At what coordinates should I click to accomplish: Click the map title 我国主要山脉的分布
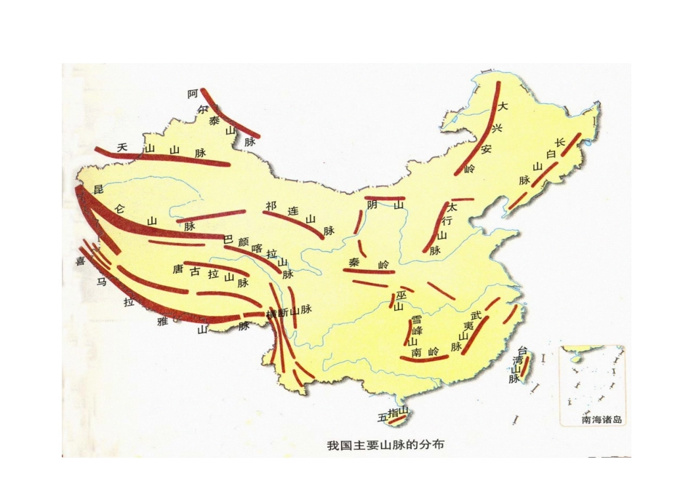386,443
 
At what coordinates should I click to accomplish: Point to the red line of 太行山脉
436,226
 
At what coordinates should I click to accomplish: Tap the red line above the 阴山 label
385,198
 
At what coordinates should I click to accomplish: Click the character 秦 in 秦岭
354,262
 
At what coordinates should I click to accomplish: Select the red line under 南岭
426,359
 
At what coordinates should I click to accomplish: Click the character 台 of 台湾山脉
521,351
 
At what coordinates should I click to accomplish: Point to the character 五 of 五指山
383,418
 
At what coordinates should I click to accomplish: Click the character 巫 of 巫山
401,295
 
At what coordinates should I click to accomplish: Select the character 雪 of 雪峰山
415,319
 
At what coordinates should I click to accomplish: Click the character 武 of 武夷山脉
476,314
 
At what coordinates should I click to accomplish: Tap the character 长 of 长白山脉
559,143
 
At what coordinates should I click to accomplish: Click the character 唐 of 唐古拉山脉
177,269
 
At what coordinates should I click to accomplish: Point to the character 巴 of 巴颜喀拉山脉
227,239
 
